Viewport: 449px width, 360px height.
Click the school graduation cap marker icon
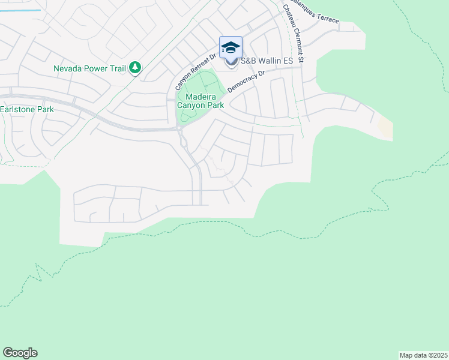231,48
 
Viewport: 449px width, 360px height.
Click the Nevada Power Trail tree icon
136,68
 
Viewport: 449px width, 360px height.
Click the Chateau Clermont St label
294,34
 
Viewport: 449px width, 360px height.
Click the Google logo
20,353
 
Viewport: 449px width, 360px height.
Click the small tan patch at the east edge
385,127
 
